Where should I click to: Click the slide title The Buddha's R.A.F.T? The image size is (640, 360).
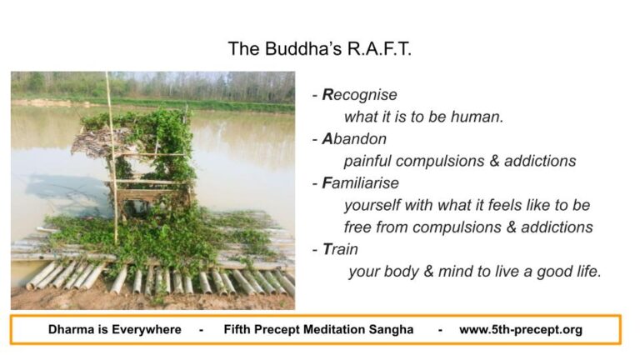[320, 49]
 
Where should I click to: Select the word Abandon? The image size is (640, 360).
[354, 138]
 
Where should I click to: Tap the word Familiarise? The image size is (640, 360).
[360, 182]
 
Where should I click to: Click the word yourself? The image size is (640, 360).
[373, 205]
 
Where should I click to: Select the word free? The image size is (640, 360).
[358, 227]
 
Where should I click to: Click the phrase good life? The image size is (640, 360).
[570, 271]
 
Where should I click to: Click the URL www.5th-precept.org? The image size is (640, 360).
[520, 329]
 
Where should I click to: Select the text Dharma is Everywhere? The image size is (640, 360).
[114, 329]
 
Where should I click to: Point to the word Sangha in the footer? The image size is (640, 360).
[390, 329]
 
